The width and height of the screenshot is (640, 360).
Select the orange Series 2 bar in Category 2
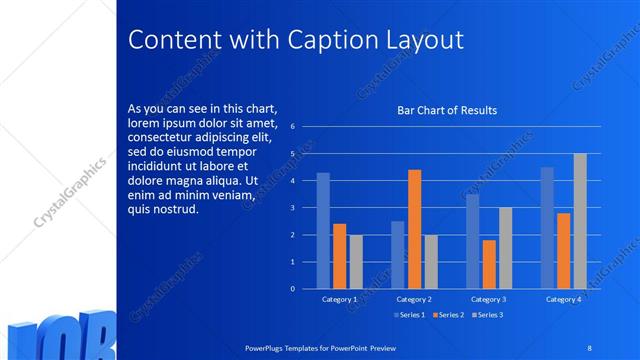[x=414, y=229]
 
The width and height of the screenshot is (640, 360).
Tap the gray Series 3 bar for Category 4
[x=580, y=221]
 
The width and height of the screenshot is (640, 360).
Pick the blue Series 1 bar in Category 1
[x=323, y=230]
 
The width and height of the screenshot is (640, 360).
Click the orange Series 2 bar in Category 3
[x=488, y=264]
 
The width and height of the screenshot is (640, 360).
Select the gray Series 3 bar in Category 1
[x=356, y=261]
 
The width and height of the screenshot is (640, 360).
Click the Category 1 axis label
[x=340, y=299]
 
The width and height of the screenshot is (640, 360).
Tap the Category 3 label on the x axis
[x=488, y=299]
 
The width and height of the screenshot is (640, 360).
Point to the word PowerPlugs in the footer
[x=267, y=346]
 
